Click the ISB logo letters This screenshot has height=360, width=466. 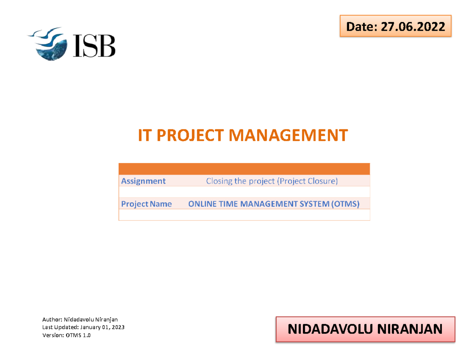tap(93, 46)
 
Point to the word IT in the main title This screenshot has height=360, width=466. tap(145, 136)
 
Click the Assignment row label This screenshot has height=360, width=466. tap(143, 181)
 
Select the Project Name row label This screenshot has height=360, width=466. tap(146, 204)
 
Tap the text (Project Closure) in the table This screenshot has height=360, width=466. tap(307, 181)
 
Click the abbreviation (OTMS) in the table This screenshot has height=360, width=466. tap(346, 204)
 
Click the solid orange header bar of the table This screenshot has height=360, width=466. tap(244, 169)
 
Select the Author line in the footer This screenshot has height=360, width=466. tap(80, 320)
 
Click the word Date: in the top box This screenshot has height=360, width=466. tap(359, 27)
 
